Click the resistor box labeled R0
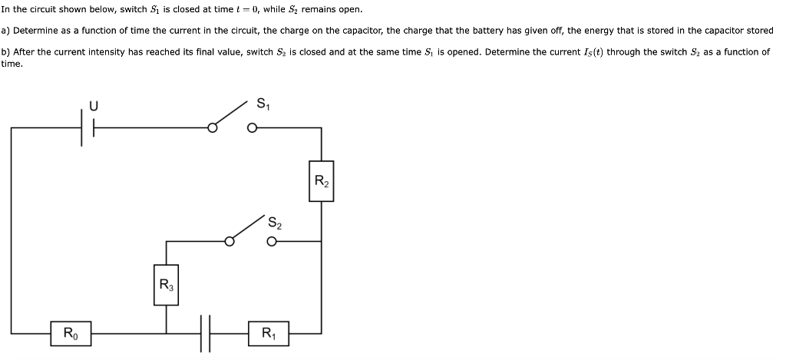click(x=70, y=333)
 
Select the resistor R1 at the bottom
click(x=269, y=333)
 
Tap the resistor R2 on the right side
click(x=321, y=181)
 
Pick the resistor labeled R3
click(x=166, y=285)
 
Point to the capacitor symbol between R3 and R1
click(x=205, y=334)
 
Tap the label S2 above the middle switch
click(x=275, y=223)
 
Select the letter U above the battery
click(x=93, y=107)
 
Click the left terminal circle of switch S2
click(x=228, y=241)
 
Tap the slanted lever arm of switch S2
click(x=246, y=228)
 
